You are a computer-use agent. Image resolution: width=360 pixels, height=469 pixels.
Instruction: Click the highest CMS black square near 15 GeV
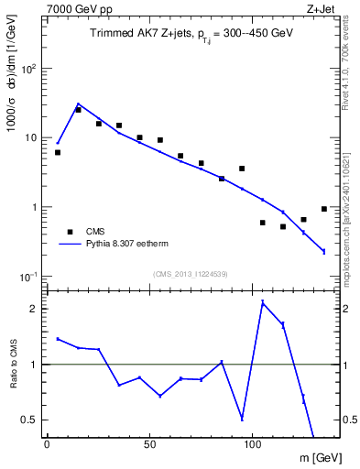point(78,110)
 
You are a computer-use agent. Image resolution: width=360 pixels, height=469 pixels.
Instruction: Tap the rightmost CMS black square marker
point(323,209)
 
